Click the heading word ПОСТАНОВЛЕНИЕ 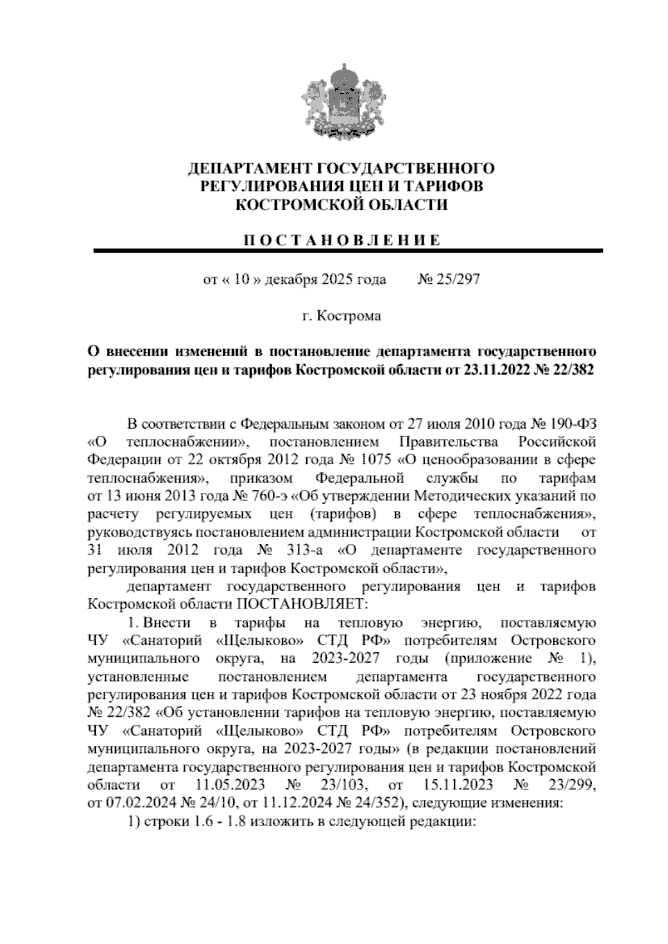click(342, 240)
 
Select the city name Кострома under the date click(349, 316)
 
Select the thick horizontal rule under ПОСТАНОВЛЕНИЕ click(348, 252)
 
